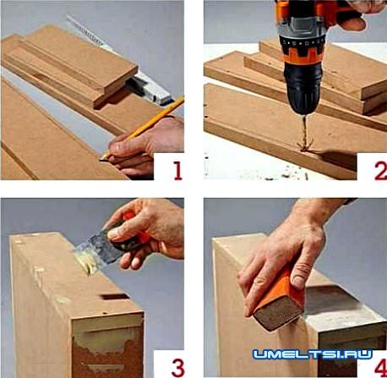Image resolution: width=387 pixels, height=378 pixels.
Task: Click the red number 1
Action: [177, 170]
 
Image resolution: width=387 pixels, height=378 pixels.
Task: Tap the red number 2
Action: [381, 170]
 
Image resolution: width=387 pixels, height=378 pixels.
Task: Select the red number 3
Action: [178, 367]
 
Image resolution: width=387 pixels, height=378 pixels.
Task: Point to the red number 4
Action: [381, 367]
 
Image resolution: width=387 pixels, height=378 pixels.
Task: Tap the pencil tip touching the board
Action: [101, 160]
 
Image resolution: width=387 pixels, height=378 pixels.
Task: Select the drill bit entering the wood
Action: [305, 133]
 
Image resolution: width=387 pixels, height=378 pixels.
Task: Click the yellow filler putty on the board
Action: [84, 264]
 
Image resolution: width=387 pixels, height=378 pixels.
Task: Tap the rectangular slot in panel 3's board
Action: [115, 297]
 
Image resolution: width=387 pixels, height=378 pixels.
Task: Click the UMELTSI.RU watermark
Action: [313, 354]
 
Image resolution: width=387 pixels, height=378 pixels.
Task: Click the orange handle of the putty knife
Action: [134, 235]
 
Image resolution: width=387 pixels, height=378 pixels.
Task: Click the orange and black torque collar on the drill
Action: [303, 52]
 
